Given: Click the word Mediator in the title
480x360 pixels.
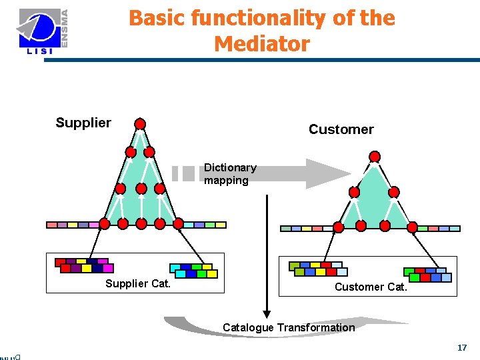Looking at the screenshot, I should [262, 44].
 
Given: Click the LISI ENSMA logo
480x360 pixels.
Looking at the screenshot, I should [43, 31].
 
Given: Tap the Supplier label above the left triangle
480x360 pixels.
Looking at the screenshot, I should [83, 123].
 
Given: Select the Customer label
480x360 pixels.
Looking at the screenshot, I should [341, 129].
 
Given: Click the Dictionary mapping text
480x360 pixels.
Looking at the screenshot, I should [229, 174].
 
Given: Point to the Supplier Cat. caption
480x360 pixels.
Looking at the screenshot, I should [138, 284].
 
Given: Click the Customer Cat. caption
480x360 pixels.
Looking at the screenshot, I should [370, 287].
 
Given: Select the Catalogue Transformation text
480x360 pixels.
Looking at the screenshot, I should [289, 327].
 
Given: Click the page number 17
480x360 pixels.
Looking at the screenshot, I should [462, 348].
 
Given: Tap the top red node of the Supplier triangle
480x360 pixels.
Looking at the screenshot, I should [140, 123].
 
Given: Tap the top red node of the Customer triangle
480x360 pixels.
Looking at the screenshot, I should [375, 157].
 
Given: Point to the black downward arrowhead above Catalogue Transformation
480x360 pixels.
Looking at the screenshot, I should [267, 313].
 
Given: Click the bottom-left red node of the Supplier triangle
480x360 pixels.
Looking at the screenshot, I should [105, 223].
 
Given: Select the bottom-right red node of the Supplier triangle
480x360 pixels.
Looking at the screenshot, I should [179, 223].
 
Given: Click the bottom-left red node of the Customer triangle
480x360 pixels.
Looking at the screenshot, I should [339, 227].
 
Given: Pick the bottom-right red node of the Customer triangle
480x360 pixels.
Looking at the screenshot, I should [412, 227].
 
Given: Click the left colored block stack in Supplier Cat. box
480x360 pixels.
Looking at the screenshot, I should [84, 265].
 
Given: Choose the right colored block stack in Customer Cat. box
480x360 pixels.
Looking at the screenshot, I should [427, 274].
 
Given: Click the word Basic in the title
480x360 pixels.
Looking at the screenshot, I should [157, 18].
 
